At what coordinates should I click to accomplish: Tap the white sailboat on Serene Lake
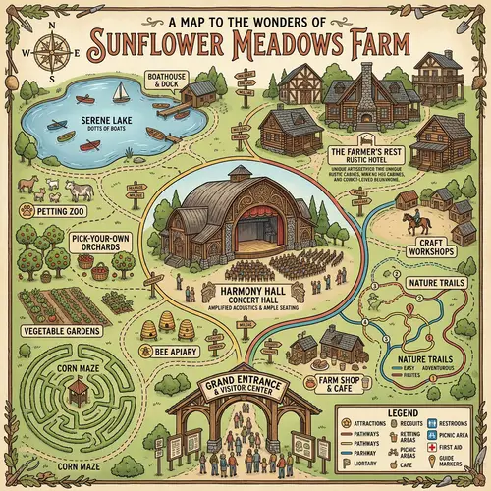pyautogui.click(x=119, y=92)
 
